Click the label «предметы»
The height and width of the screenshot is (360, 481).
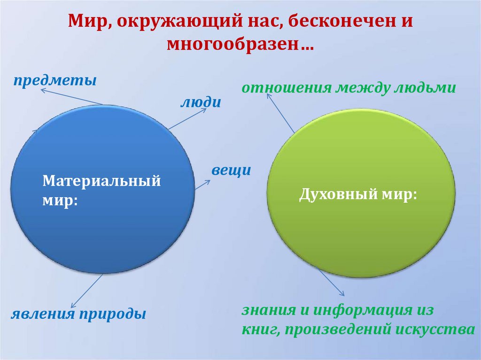point(54,80)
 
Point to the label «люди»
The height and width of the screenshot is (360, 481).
point(201,102)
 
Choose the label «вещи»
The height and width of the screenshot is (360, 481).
point(231,170)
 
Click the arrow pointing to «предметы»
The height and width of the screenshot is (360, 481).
point(70,97)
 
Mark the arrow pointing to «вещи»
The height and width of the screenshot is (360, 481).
point(202,184)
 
